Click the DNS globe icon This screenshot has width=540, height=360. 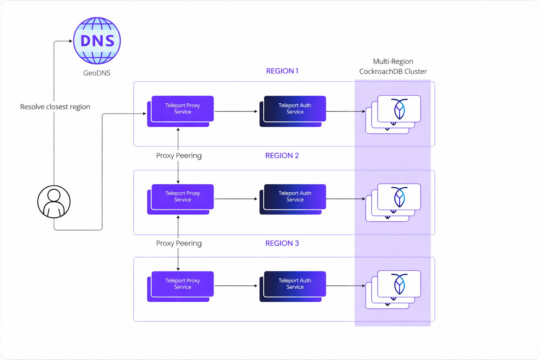[x=97, y=41]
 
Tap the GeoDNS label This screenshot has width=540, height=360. [x=97, y=73]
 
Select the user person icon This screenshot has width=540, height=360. [x=54, y=202]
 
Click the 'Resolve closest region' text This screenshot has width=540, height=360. [x=55, y=107]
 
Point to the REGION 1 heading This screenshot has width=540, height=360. [x=282, y=71]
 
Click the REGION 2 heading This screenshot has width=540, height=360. [x=282, y=155]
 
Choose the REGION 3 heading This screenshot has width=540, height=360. [x=282, y=243]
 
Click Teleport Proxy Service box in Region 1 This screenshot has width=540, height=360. [x=182, y=109]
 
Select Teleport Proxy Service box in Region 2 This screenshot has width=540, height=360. [x=182, y=197]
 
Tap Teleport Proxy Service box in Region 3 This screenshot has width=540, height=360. [x=182, y=284]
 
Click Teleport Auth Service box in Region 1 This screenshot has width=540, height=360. [x=295, y=109]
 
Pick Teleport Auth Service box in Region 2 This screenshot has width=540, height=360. [x=295, y=197]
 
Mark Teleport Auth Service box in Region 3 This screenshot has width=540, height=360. [x=295, y=284]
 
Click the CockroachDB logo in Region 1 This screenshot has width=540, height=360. [x=399, y=109]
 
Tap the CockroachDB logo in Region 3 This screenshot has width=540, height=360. [x=399, y=284]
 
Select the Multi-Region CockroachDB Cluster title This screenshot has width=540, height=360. [x=393, y=66]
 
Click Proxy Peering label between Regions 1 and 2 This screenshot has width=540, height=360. [x=179, y=155]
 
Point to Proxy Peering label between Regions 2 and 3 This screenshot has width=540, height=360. [x=179, y=243]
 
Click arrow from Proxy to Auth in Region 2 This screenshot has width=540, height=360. [x=236, y=199]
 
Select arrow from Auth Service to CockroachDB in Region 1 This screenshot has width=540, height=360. [x=345, y=111]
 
